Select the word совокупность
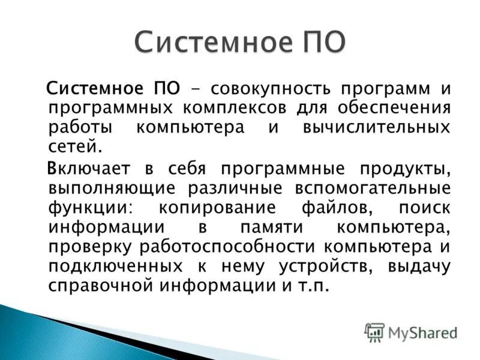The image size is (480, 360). tap(274, 89)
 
